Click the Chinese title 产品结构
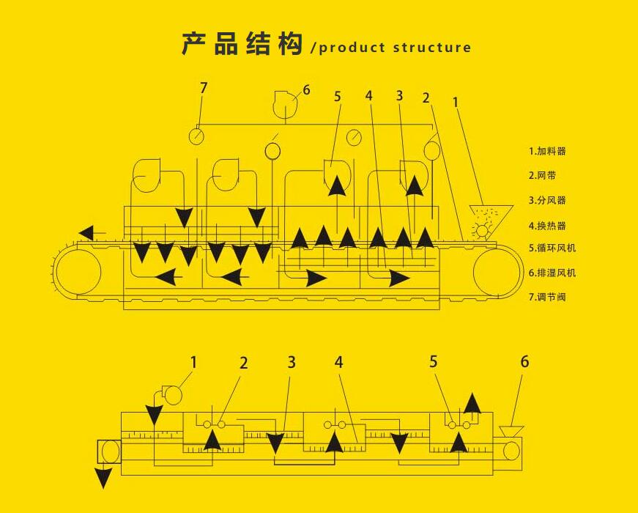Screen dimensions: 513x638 click(x=242, y=45)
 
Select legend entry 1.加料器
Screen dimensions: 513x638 click(x=547, y=152)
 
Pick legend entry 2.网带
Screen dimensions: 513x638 click(x=543, y=176)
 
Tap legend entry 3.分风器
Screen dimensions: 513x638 click(x=547, y=200)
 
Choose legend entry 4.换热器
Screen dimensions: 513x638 click(x=547, y=226)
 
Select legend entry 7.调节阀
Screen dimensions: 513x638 click(x=547, y=297)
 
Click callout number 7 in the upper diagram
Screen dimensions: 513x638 click(x=204, y=88)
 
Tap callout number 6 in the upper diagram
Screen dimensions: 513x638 click(x=306, y=90)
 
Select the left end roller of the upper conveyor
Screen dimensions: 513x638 click(x=75, y=273)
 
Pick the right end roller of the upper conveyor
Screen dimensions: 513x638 click(x=497, y=273)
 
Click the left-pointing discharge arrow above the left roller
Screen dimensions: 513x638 click(x=86, y=234)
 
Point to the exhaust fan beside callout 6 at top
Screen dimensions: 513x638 click(x=284, y=104)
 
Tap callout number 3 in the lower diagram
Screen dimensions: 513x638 click(x=292, y=362)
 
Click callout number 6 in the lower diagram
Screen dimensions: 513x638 click(x=524, y=361)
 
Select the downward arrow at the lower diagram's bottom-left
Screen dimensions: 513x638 click(x=103, y=479)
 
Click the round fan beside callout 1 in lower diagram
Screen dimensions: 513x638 click(x=173, y=395)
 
